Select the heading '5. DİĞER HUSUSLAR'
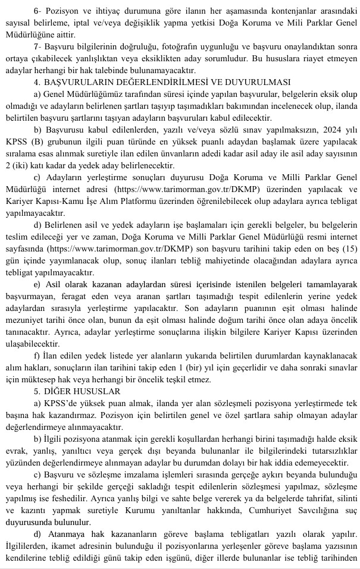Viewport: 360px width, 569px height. [x=78, y=391]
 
